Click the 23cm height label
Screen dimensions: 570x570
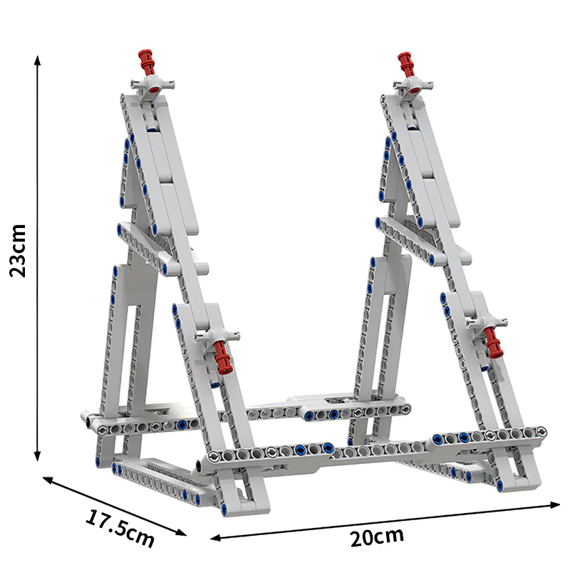click(19, 250)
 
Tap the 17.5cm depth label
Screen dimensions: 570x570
click(120, 527)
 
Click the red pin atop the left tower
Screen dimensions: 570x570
click(147, 62)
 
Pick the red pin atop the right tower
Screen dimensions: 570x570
click(408, 63)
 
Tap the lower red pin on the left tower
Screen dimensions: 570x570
click(222, 356)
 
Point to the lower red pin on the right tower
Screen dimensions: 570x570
click(492, 342)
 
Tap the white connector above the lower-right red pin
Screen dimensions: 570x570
click(486, 322)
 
